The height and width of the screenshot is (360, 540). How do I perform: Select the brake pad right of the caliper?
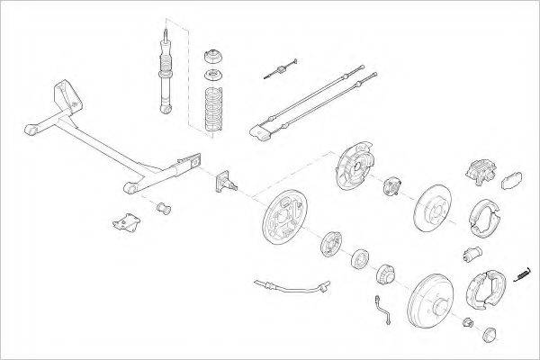pos(514,179)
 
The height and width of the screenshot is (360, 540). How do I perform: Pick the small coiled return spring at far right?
pos(522,274)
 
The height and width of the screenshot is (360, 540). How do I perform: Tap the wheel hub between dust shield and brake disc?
pos(392,187)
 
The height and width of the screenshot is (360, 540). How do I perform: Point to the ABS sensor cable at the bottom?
pos(288,287)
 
